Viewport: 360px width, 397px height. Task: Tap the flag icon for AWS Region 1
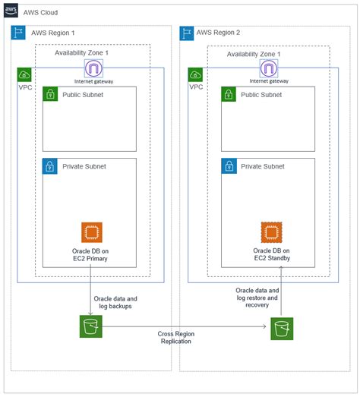click(x=18, y=33)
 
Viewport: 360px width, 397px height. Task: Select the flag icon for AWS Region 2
click(x=187, y=33)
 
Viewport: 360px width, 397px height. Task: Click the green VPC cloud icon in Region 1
click(x=24, y=74)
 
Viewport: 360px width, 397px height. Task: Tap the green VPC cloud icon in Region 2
click(x=196, y=74)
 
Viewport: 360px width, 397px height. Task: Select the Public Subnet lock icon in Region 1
click(x=50, y=94)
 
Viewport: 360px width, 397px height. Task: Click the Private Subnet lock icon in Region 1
click(x=50, y=165)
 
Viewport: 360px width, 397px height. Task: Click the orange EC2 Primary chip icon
click(x=92, y=232)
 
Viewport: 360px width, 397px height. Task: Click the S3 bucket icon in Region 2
click(x=281, y=329)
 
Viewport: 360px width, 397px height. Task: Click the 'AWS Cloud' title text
click(x=43, y=13)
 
